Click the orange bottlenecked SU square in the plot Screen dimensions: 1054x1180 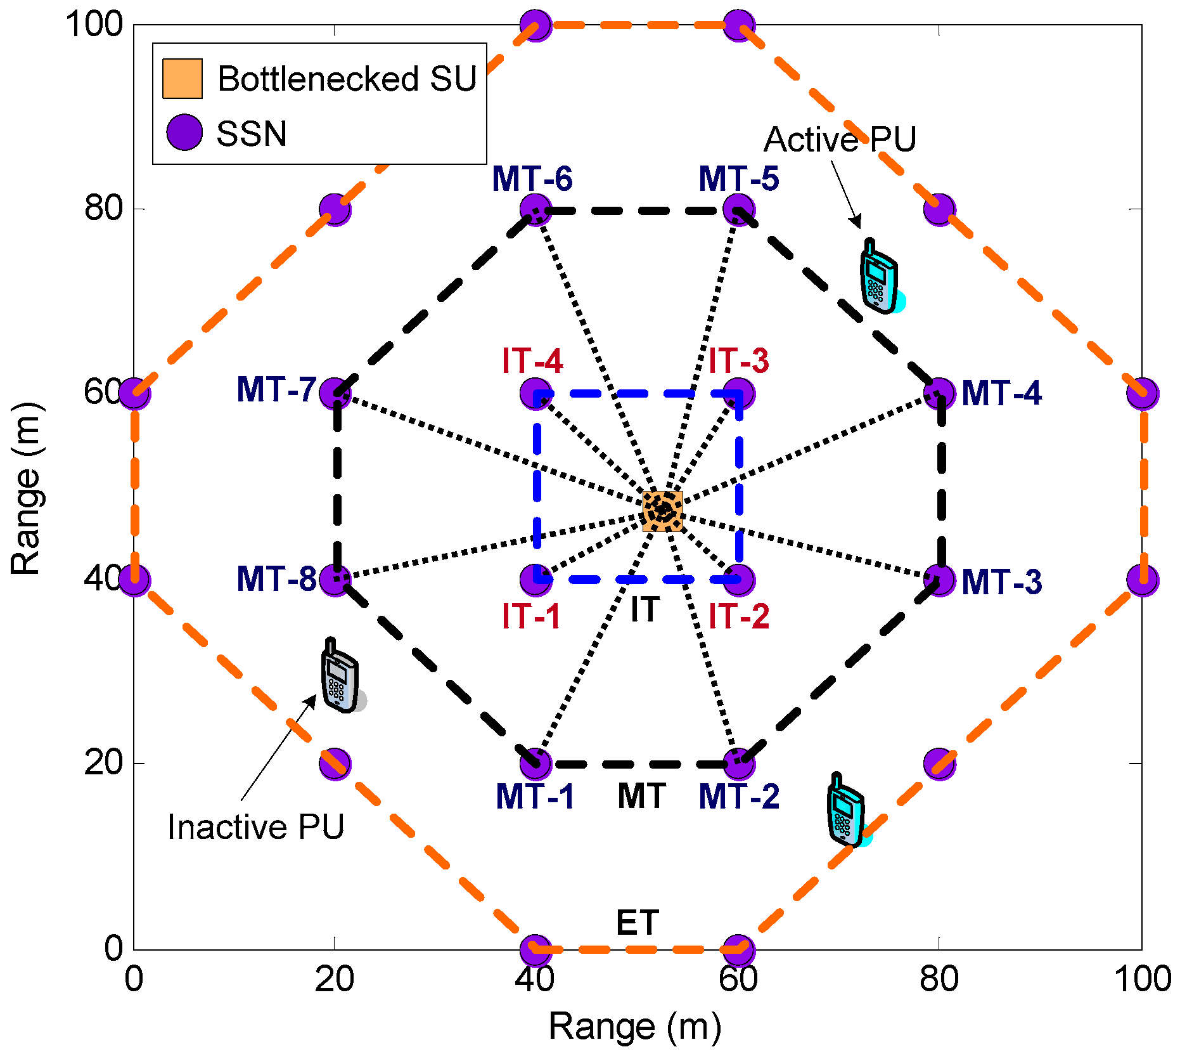click(662, 511)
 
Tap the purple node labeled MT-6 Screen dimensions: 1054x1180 click(535, 209)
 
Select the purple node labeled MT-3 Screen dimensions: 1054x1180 click(939, 579)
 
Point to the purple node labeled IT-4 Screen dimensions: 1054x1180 click(535, 393)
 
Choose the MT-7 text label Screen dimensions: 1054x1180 click(276, 390)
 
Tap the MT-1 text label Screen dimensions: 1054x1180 click(535, 797)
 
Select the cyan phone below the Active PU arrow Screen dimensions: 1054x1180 click(878, 278)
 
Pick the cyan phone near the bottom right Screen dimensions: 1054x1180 click(845, 811)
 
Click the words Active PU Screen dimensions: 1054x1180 click(840, 140)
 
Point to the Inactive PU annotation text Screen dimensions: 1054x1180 click(255, 827)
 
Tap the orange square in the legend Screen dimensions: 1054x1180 click(183, 79)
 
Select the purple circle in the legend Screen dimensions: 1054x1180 click(184, 133)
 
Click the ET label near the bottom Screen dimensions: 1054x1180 click(638, 923)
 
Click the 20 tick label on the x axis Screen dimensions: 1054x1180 click(334, 979)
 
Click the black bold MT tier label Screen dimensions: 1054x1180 click(641, 797)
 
